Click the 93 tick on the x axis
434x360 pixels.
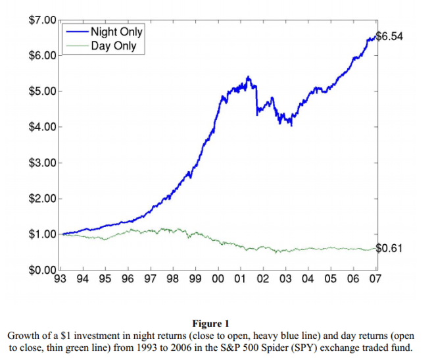coord(60,278)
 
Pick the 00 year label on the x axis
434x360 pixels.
coord(218,278)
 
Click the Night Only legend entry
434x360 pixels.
coord(116,32)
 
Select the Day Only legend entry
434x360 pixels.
coord(113,45)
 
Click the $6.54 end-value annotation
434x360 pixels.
coord(389,36)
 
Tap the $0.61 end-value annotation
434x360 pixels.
coord(389,248)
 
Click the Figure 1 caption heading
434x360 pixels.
coord(211,323)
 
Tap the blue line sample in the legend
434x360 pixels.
coord(76,32)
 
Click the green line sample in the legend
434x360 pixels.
coord(76,45)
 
